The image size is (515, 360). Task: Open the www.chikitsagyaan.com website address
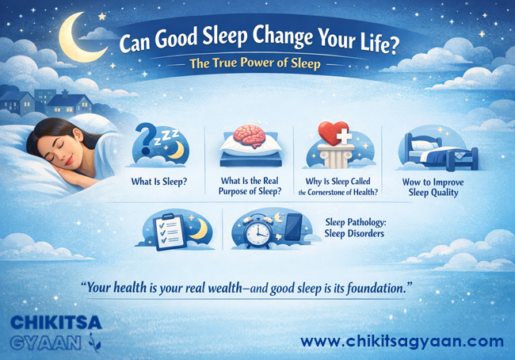402,342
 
